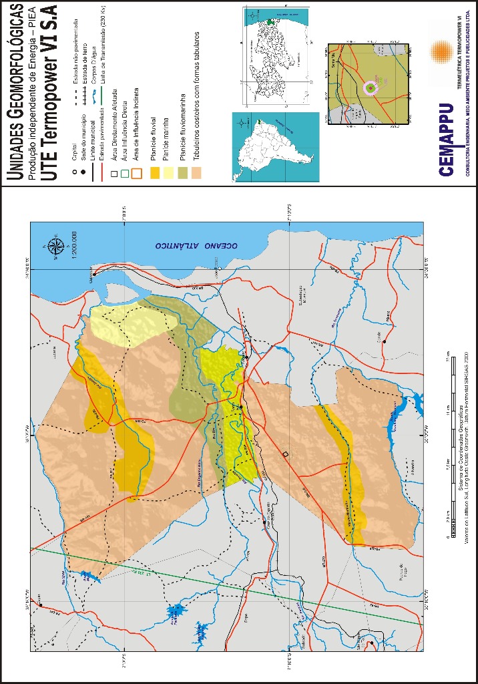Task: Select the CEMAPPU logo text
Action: (x=447, y=139)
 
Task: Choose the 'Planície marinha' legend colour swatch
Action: (x=169, y=175)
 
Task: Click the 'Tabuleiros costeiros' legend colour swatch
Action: (x=196, y=175)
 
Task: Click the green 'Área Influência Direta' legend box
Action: (x=125, y=175)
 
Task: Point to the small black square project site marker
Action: (x=285, y=454)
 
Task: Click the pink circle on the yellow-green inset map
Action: (x=370, y=88)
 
